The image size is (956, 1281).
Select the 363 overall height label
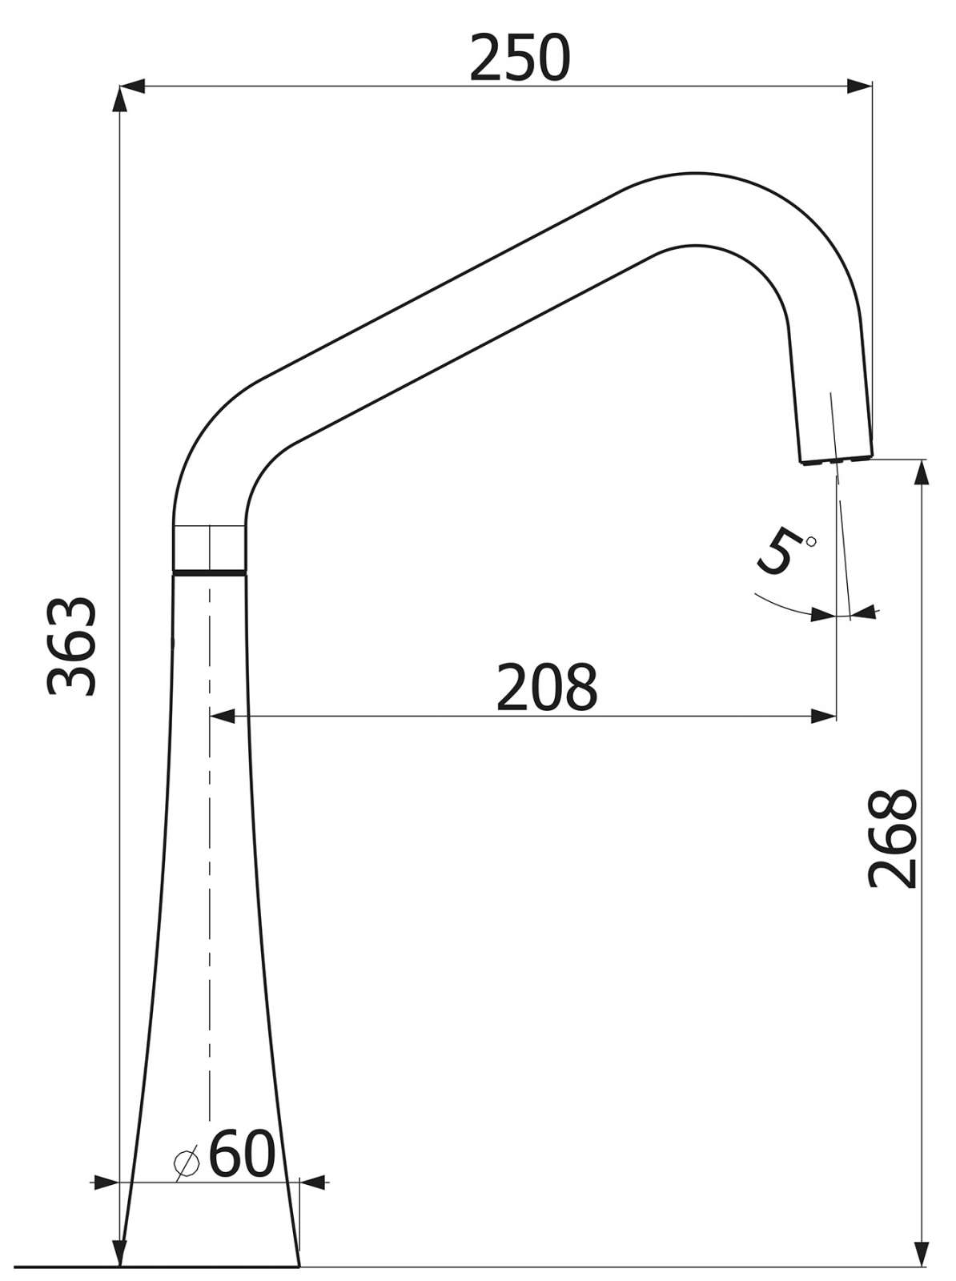[x=70, y=646]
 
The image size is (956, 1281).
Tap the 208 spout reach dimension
[x=546, y=687]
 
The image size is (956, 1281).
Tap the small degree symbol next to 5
[x=810, y=541]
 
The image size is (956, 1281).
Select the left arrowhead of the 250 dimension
[x=132, y=86]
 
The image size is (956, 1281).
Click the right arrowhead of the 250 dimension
[x=860, y=86]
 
